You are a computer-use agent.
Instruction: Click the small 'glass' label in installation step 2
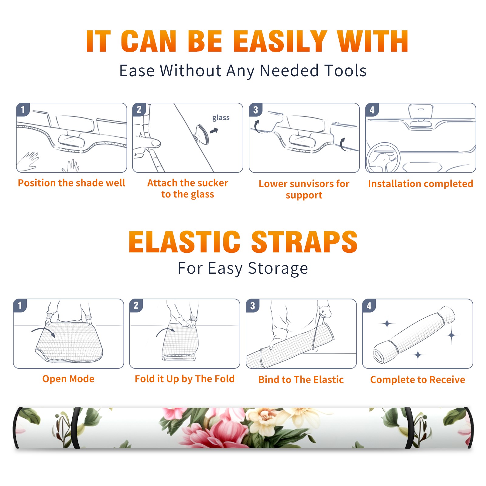point(221,118)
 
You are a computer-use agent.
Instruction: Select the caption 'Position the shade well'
point(71,183)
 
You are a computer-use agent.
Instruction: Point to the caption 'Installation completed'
point(420,183)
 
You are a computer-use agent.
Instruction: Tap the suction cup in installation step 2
point(201,134)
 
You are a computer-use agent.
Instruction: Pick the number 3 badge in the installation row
point(255,110)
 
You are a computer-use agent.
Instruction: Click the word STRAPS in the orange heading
point(304,242)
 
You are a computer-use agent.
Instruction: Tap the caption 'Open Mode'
point(68,379)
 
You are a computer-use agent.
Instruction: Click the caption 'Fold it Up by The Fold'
point(185,379)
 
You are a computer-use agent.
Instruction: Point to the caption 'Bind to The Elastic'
point(301,379)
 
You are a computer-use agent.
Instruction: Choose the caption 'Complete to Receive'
point(418,379)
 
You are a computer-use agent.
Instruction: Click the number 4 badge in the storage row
point(369,306)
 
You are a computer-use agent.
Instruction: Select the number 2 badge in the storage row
point(136,306)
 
